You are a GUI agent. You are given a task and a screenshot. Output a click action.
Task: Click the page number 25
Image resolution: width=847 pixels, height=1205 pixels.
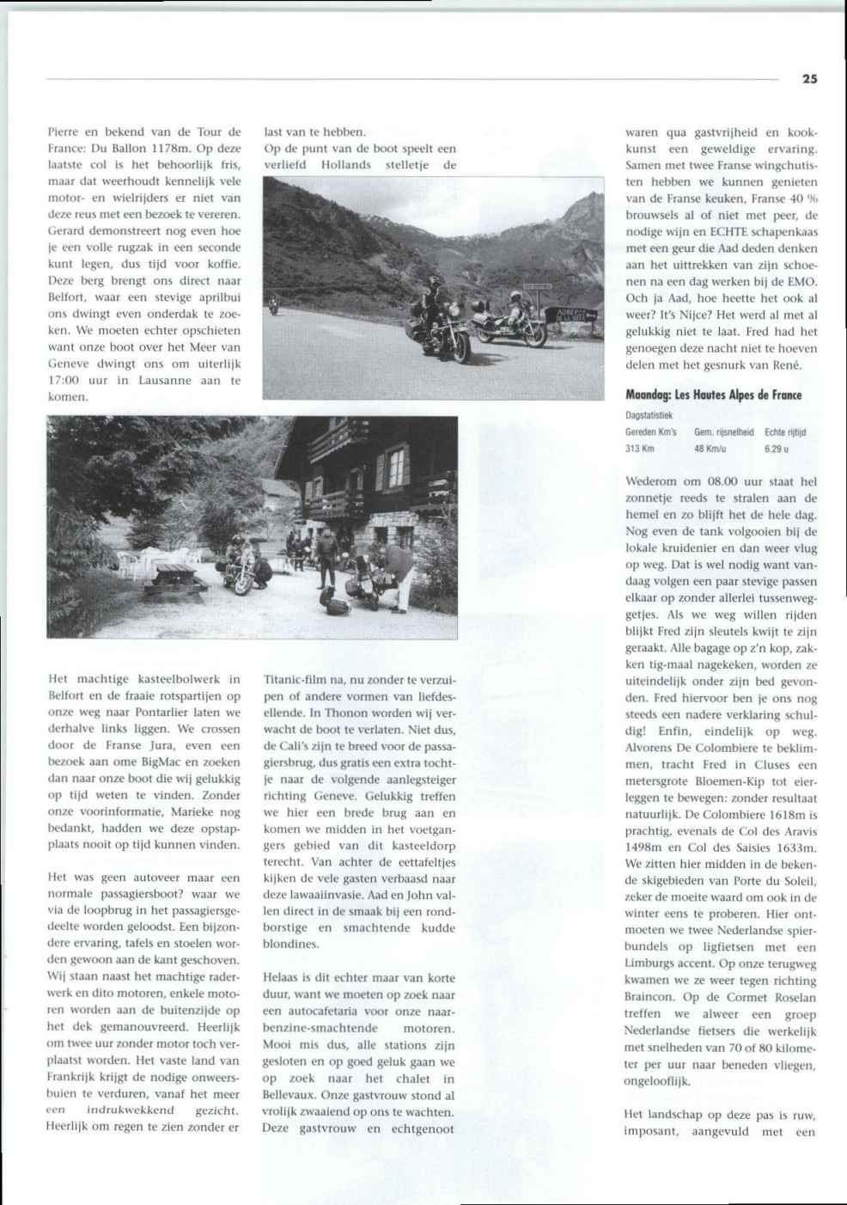pyautogui.click(x=809, y=79)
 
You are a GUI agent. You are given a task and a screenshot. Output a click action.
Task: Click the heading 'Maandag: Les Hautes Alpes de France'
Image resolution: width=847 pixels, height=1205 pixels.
pyautogui.click(x=713, y=395)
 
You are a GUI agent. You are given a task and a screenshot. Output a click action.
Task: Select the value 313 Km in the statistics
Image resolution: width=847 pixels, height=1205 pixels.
pyautogui.click(x=639, y=449)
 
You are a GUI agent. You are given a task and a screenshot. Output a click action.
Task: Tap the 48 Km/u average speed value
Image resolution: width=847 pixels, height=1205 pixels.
pyautogui.click(x=710, y=449)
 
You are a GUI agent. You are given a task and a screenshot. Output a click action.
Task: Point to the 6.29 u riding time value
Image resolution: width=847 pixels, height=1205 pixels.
pyautogui.click(x=776, y=449)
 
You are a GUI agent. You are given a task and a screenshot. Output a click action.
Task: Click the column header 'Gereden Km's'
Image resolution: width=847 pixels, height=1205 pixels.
pyautogui.click(x=650, y=432)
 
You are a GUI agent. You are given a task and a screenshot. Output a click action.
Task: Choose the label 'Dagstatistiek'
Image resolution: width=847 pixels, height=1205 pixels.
pyautogui.click(x=649, y=416)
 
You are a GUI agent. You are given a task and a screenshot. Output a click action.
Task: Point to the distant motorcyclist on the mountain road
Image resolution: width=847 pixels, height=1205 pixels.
pyautogui.click(x=273, y=305)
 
